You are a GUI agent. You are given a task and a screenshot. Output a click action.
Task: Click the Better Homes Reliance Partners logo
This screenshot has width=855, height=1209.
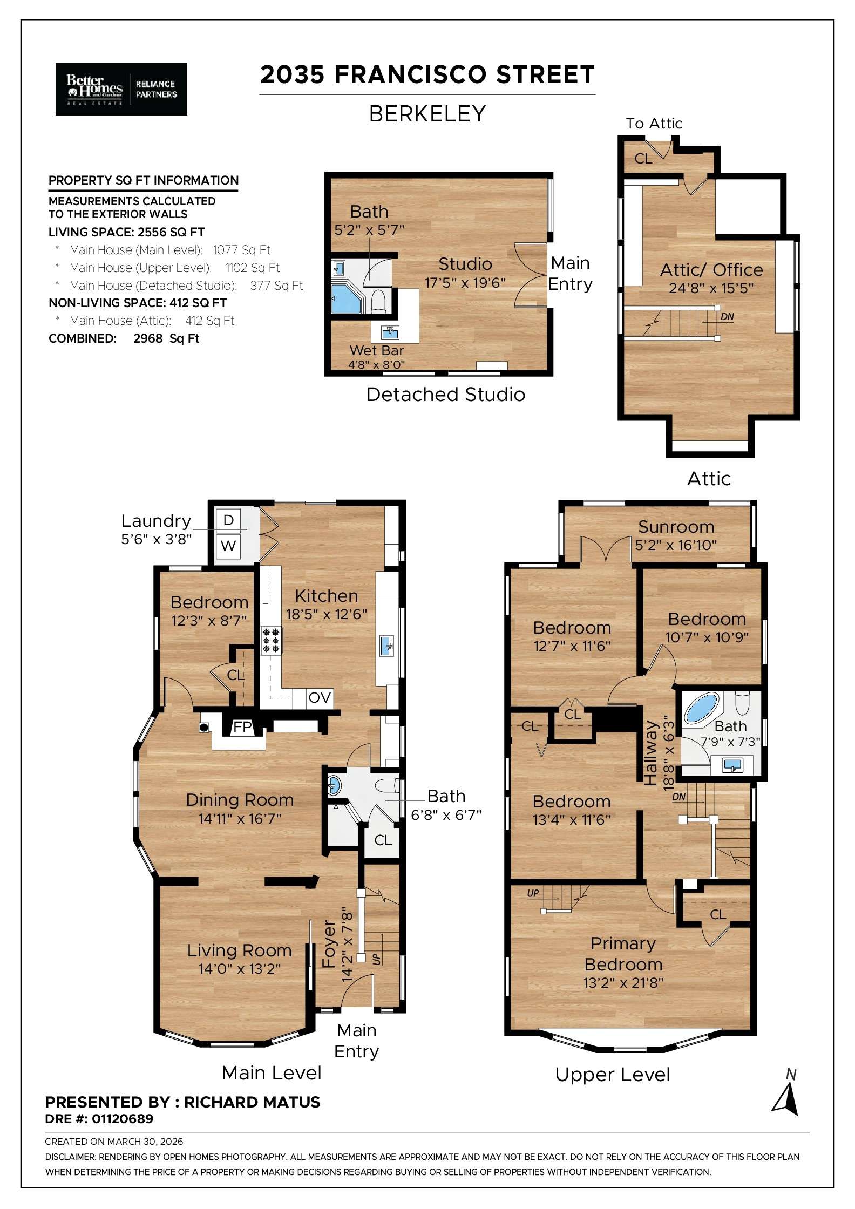coord(121,89)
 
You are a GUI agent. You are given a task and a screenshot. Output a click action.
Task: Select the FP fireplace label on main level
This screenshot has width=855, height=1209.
coord(242,727)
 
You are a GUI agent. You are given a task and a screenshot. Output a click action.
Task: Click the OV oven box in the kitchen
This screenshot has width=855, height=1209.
coord(320,698)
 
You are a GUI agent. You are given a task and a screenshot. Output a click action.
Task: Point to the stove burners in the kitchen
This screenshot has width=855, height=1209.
coord(271,640)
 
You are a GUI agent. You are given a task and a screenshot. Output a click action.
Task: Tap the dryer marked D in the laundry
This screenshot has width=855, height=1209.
coord(228,520)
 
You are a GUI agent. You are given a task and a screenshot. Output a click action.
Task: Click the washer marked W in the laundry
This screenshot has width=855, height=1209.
coord(228,546)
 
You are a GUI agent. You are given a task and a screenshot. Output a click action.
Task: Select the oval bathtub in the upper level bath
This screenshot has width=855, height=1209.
coord(701,709)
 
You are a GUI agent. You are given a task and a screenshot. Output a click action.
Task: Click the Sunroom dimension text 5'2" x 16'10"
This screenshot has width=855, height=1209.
coord(676,545)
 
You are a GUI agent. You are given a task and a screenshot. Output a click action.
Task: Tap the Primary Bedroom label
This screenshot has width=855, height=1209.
coord(623,953)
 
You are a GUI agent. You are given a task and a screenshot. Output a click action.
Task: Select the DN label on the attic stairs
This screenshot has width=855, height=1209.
coord(727,317)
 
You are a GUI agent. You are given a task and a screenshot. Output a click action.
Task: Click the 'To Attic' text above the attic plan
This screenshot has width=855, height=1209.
coord(654,124)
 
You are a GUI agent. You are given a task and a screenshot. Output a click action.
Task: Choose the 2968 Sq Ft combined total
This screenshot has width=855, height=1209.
coord(166,338)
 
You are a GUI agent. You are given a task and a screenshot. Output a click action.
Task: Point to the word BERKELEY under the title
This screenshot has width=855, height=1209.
coord(427,114)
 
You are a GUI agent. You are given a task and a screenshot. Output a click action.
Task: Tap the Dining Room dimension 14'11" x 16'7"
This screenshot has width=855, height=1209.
coord(240,819)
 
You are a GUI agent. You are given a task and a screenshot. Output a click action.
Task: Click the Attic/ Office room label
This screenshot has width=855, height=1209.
coord(711,270)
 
